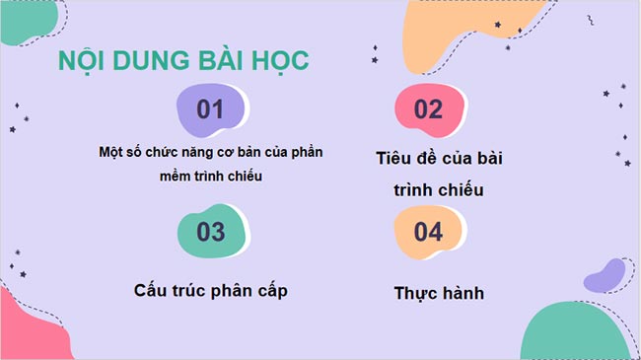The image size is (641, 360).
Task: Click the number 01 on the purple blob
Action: (x=211, y=109)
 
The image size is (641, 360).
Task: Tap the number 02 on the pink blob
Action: (x=428, y=109)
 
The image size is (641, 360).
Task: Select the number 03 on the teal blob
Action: (x=211, y=233)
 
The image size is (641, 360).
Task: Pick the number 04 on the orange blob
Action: (x=428, y=233)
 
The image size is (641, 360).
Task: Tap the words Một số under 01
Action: (x=120, y=153)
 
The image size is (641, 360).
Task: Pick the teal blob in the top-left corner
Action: (x=30, y=20)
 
